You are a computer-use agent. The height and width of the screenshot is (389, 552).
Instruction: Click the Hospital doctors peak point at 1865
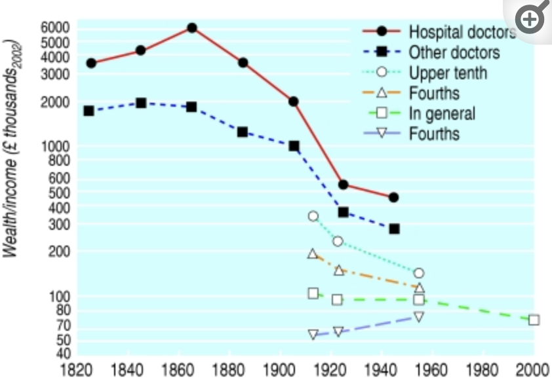191,28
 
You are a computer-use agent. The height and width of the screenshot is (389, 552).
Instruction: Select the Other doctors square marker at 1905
294,146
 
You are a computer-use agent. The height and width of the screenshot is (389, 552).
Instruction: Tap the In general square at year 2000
534,320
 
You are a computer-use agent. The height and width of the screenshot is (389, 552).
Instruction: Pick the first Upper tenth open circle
313,216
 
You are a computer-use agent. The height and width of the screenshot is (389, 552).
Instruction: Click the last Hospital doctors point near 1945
393,197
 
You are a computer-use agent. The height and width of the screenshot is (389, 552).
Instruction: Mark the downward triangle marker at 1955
418,317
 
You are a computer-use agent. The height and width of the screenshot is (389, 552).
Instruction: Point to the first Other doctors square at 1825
89,111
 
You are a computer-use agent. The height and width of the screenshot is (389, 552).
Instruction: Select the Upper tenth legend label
448,72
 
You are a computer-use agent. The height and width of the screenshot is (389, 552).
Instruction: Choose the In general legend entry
442,113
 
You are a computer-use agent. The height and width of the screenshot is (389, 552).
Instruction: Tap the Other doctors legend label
454,52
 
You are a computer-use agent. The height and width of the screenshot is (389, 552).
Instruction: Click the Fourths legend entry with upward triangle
434,93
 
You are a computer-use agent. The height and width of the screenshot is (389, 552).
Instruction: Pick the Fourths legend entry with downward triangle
434,134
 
